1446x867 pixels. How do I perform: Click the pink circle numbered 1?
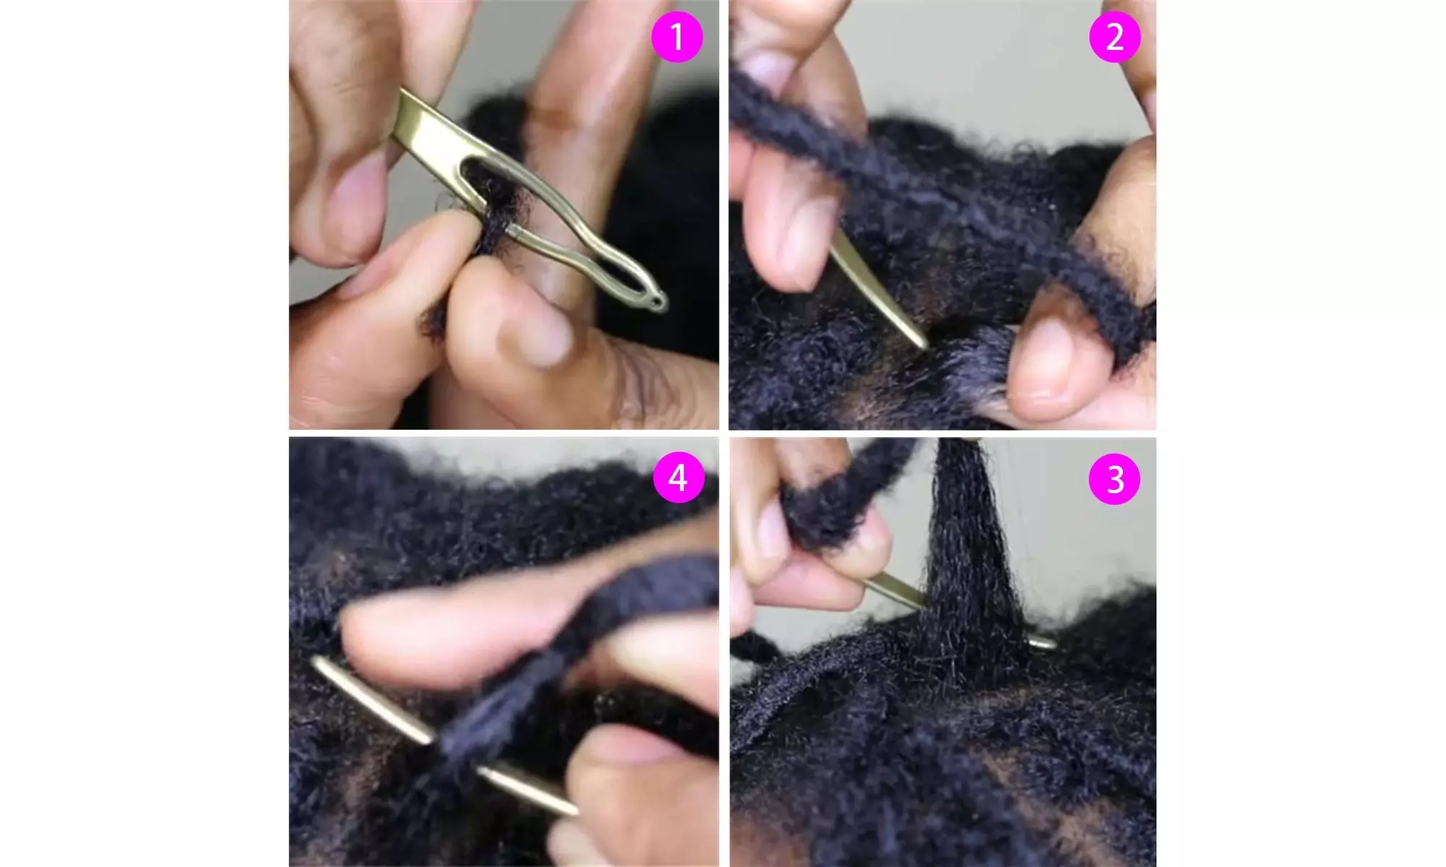[677, 37]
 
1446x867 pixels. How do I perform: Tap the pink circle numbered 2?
[1114, 37]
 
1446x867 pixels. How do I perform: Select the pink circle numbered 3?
[1114, 478]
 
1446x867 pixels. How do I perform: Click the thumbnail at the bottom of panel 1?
[543, 336]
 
